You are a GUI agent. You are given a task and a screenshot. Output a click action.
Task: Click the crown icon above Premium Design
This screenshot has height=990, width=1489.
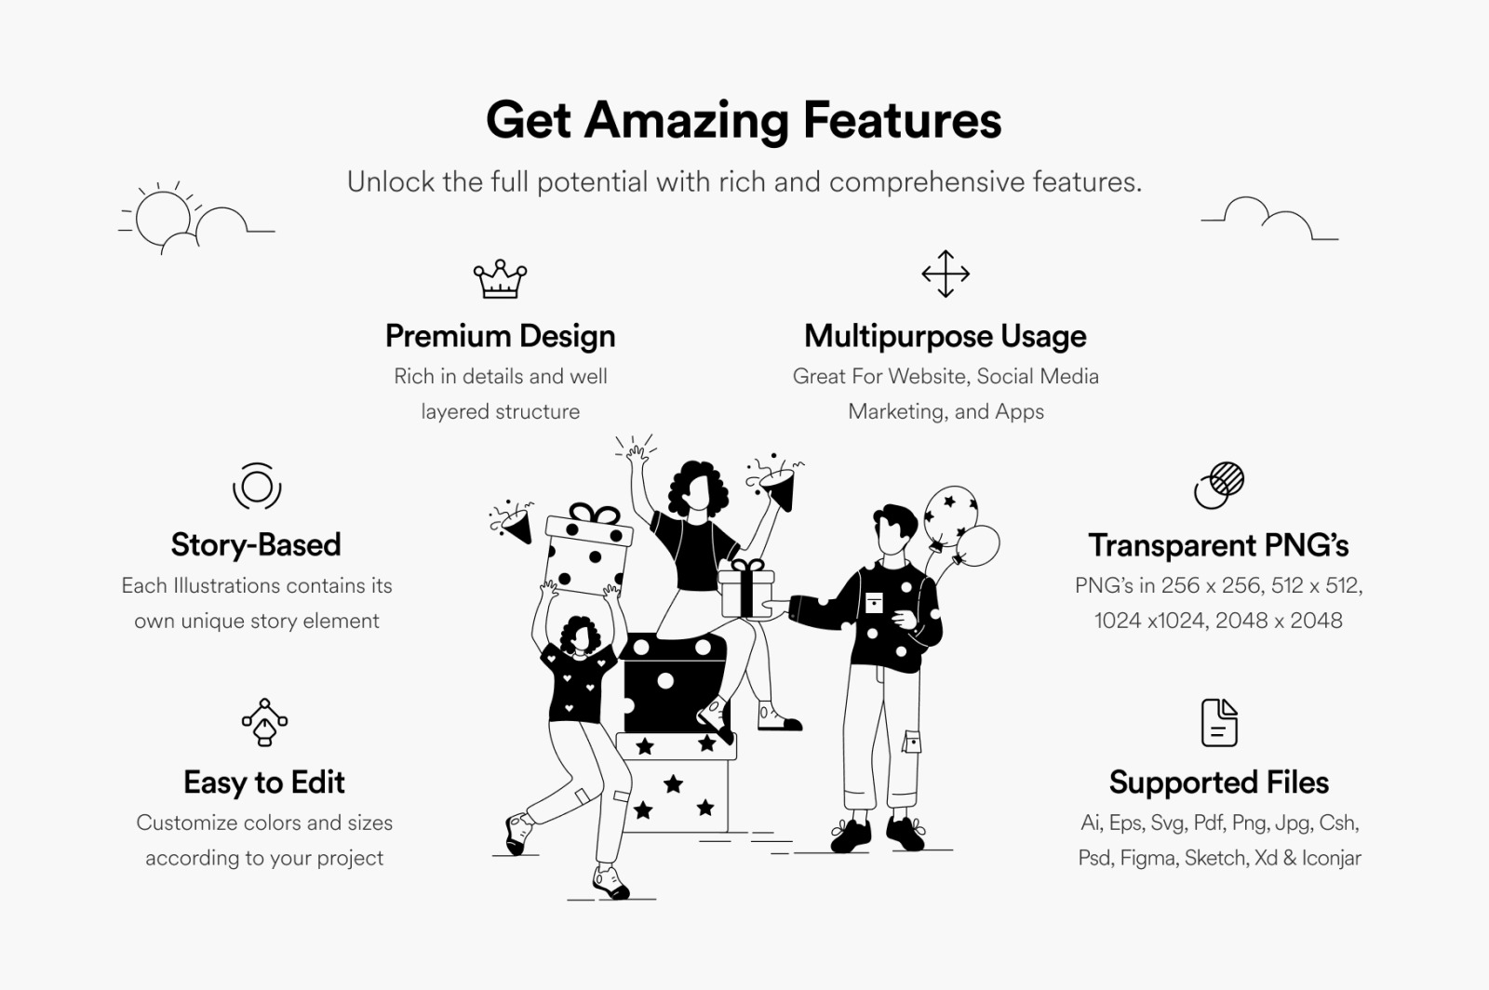click(x=500, y=279)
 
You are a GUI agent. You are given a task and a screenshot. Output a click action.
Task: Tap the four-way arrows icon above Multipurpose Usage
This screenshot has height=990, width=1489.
click(x=946, y=274)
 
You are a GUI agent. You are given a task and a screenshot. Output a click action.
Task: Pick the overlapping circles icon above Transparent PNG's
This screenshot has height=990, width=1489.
click(x=1218, y=486)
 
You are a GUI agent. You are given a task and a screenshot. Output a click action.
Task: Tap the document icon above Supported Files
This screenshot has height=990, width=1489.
click(x=1219, y=722)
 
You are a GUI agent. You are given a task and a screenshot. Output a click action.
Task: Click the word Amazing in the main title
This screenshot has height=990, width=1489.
click(x=687, y=121)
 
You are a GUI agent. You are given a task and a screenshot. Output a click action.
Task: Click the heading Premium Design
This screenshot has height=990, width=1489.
click(x=500, y=336)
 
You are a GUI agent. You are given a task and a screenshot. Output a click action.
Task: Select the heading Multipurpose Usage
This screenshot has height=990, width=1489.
click(x=946, y=336)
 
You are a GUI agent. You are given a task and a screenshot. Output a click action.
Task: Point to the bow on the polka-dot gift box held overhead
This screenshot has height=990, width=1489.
click(x=595, y=513)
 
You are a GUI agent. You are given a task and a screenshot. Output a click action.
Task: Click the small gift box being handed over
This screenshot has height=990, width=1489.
click(x=746, y=590)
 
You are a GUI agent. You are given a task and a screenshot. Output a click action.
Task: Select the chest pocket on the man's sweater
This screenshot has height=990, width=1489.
click(x=874, y=602)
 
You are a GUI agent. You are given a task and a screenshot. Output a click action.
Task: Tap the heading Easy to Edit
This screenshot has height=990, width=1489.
click(x=264, y=782)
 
